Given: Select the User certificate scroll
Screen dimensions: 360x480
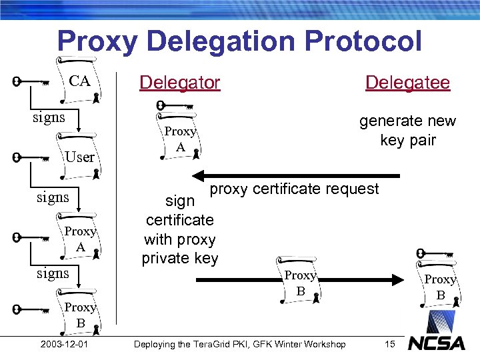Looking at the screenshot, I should point(79,157).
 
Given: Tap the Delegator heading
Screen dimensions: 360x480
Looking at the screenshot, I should point(179,83).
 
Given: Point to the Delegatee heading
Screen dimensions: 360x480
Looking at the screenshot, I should point(407,83).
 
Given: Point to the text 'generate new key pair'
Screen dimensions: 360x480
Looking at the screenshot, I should point(407,131).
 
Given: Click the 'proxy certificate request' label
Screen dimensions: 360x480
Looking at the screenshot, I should point(294,189).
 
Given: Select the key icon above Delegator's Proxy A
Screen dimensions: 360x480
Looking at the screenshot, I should point(174,105).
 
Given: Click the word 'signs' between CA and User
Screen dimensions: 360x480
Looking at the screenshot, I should point(49,117).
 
